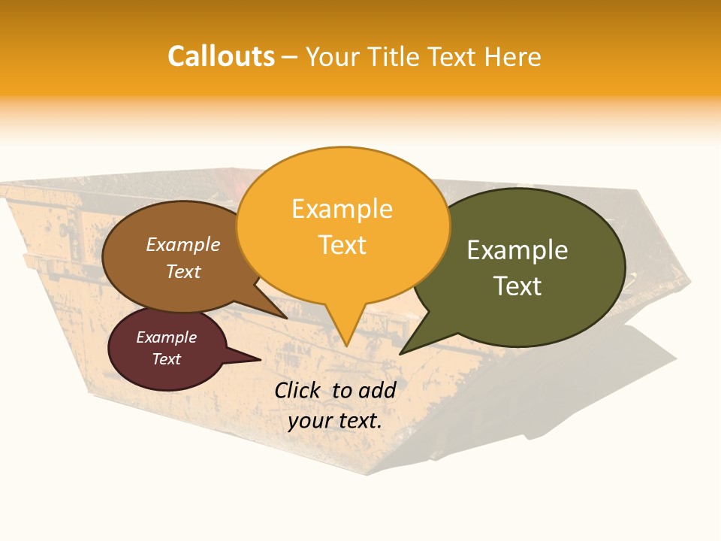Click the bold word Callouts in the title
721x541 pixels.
pos(221,56)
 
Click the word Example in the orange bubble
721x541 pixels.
pos(342,208)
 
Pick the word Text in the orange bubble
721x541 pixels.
pos(342,244)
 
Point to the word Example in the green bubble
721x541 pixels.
pos(517,249)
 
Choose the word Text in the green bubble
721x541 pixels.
pos(517,286)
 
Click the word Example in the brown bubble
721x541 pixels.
pos(183,244)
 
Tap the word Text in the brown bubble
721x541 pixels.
pos(183,271)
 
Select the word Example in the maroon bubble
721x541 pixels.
pos(167,337)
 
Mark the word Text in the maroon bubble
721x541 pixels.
pos(167,359)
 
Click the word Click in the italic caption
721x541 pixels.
pos(298,390)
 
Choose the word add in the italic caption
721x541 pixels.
pos(378,390)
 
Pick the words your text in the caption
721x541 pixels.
pos(335,421)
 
